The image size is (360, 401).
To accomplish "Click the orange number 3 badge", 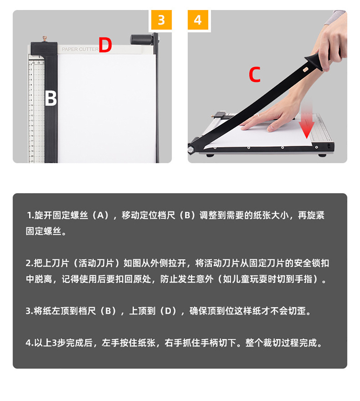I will click(161, 20).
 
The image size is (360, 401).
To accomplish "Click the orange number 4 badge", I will click(198, 20).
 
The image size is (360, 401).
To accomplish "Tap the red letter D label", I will click(105, 45).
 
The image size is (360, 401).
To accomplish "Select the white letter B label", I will click(51, 98).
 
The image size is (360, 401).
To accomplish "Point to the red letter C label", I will click(255, 75).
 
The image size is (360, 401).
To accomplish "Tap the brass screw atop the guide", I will click(45, 38).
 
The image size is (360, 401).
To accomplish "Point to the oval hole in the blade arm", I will click(306, 67).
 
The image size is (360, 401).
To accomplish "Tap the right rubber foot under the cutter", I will click(322, 155).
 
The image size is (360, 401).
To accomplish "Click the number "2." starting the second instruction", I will click(29, 263).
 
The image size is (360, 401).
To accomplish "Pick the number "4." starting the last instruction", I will click(29, 343).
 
